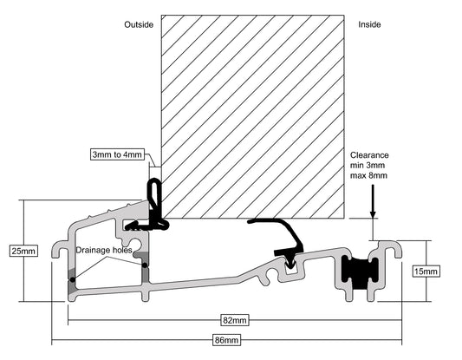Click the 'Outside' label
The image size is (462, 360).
pos(139,24)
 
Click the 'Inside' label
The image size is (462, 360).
pos(369,24)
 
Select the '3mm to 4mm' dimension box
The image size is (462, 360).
pos(117,154)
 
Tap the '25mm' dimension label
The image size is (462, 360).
pos(23,252)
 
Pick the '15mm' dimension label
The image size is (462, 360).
pos(426,272)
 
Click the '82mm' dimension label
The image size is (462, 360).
pos(235,320)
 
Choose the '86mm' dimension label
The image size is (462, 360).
pos(226,340)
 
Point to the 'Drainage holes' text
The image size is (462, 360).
pos(104,251)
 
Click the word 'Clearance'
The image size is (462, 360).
pos(369,155)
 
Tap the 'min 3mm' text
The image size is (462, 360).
pos(368,165)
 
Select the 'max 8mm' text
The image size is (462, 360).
pos(368,175)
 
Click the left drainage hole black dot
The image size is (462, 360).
pos(73,279)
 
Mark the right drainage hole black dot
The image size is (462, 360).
pos(145,265)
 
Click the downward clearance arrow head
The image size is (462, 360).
pos(373,214)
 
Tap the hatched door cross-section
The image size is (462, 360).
pos(253,117)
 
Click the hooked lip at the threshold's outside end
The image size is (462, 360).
pos(60,249)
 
